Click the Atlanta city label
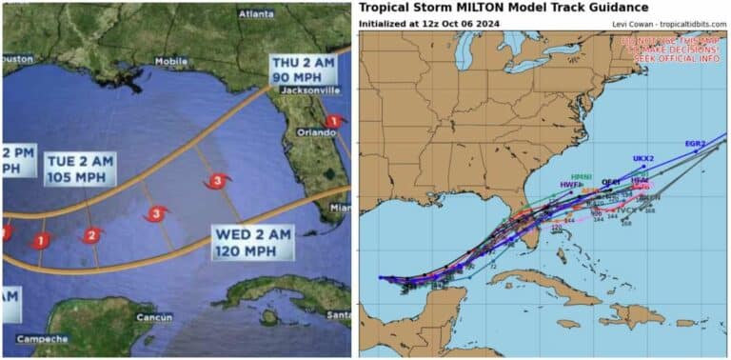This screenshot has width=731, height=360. coord(257,13)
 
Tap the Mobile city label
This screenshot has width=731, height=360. coord(171,61)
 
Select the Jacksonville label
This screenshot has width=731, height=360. coord(308,91)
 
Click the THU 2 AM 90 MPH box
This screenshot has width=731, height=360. coord(298,70)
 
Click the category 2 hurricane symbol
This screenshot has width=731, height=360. coord(92,235)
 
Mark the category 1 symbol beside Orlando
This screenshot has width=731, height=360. coord(333,121)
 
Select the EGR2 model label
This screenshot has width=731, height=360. coord(695,144)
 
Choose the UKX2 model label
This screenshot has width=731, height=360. coord(643,158)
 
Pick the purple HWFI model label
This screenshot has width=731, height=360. coord(570,185)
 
